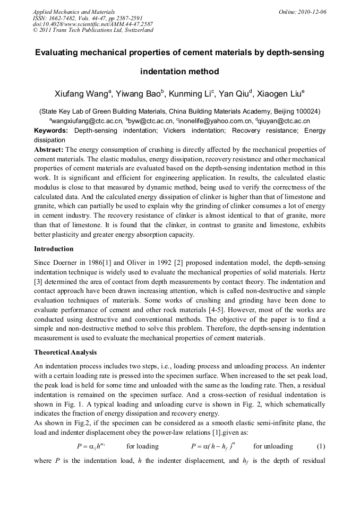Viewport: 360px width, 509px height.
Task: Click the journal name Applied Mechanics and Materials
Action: [74, 11]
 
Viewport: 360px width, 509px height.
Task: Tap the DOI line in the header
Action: [92, 24]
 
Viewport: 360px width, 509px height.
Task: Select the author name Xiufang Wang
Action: [81, 94]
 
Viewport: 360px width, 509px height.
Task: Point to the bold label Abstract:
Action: [49, 150]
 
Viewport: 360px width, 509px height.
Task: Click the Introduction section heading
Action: [54, 248]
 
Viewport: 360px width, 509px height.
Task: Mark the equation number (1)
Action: [321, 446]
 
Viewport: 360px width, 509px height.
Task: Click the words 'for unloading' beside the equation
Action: [273, 446]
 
